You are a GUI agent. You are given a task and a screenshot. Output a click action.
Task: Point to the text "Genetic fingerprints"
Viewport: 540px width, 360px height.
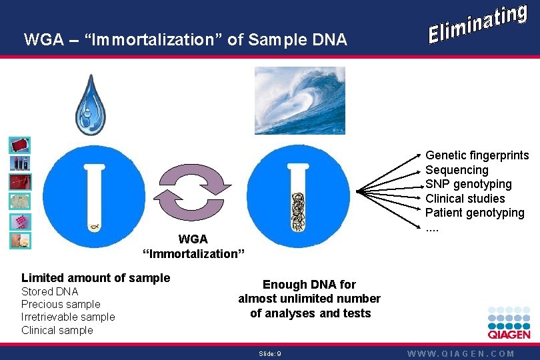point(477,155)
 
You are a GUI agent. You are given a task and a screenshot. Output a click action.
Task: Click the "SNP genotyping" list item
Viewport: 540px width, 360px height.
point(469,184)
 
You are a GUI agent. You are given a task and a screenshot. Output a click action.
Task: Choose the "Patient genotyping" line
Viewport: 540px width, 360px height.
point(475,213)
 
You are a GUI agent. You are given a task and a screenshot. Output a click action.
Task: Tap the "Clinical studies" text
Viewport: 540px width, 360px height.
point(465,199)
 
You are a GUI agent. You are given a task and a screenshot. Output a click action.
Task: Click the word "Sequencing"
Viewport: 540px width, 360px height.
point(457,170)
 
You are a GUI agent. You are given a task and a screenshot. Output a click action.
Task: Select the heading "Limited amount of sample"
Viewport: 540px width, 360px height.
point(96,278)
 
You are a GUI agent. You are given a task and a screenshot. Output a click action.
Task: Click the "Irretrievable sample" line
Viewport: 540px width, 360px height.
point(68,317)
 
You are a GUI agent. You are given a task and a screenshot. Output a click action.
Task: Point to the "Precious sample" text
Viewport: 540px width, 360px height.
point(61,304)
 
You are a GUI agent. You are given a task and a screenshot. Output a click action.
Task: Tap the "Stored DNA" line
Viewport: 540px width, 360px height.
point(50,291)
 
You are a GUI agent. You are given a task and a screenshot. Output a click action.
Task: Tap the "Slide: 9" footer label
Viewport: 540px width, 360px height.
point(270,353)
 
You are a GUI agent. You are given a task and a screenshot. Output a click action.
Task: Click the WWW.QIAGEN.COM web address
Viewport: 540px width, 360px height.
point(461,353)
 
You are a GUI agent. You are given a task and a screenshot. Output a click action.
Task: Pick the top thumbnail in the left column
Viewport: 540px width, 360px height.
point(19,145)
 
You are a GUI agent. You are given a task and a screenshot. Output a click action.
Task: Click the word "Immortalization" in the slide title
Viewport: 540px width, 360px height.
point(153,40)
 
